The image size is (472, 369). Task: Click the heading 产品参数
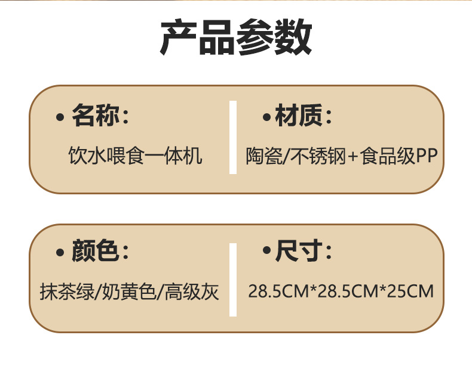[236, 38]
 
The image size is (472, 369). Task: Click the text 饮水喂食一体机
[136, 156]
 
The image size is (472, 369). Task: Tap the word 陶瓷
[262, 156]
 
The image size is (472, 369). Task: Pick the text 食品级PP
[399, 156]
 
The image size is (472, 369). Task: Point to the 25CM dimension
[410, 292]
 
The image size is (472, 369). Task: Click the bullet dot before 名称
[59, 117]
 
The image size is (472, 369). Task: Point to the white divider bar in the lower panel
[233, 280]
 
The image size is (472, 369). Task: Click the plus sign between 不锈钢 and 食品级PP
[352, 157]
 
